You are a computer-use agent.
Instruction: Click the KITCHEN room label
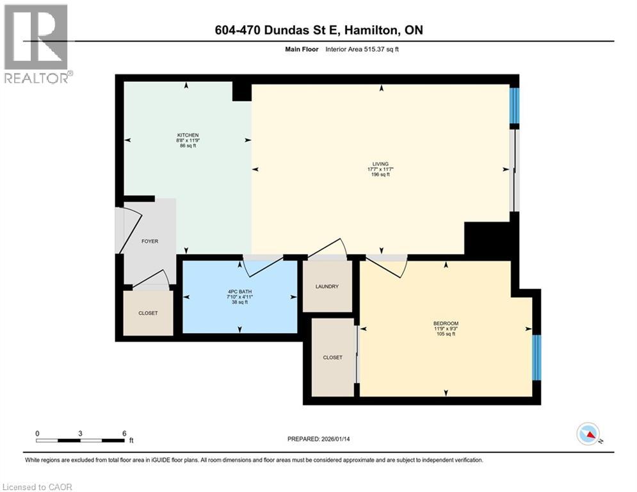[x=188, y=135]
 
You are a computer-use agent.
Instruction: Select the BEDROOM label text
[x=446, y=323]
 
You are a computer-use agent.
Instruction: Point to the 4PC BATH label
[x=239, y=290]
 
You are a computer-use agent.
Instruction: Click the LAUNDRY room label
[x=327, y=286]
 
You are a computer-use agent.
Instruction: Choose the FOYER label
[x=149, y=241]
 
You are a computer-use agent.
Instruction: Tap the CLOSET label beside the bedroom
[x=332, y=357]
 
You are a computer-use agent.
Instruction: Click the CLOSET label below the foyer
[x=148, y=313]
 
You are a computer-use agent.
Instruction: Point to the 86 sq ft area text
[x=188, y=146]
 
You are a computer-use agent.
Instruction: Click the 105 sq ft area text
[x=446, y=334]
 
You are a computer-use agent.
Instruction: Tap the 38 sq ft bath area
[x=239, y=302]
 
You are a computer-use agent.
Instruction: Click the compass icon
[x=588, y=434]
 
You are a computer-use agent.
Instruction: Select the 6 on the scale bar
[x=124, y=433]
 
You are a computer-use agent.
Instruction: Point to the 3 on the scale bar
[x=80, y=433]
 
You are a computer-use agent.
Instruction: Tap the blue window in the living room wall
[x=514, y=106]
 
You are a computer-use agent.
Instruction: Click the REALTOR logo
[x=37, y=44]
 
